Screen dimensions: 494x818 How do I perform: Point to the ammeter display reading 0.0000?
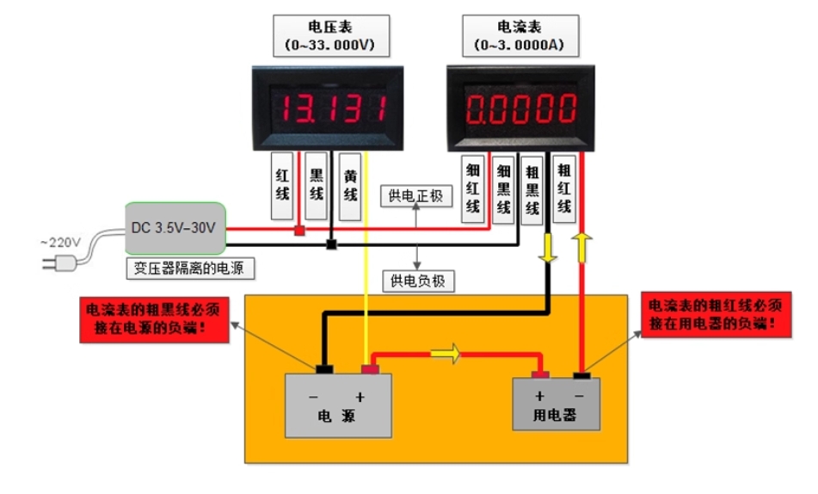(520, 109)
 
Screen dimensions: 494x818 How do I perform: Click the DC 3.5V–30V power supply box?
(175, 228)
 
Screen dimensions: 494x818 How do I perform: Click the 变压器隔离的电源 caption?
(190, 268)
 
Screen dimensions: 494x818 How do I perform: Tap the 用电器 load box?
(557, 404)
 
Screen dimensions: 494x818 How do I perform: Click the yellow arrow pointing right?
(446, 353)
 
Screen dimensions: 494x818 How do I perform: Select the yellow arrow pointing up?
(581, 246)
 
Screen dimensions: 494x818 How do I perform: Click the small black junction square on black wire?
(331, 246)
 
